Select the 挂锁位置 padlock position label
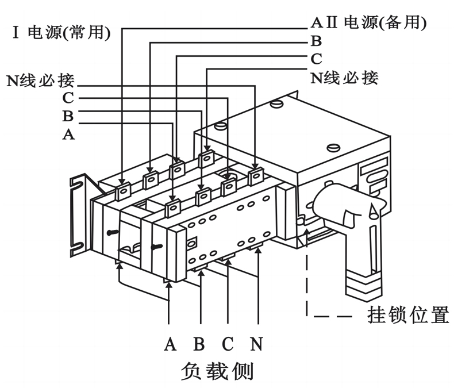point(407,316)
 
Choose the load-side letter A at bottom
point(170,344)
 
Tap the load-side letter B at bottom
point(199,344)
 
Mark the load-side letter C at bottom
point(228,344)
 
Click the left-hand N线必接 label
point(40,79)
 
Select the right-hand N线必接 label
point(344,77)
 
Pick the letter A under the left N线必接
point(68,135)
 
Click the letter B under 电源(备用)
point(316,41)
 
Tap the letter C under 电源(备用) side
point(316,59)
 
